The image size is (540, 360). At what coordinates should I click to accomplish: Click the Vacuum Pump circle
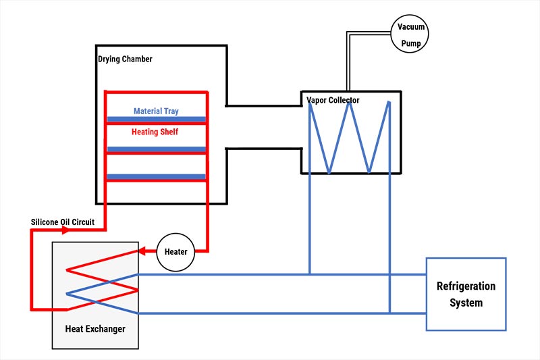410,32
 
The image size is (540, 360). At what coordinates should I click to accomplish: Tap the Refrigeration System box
466,294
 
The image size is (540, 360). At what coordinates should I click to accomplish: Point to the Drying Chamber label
126,59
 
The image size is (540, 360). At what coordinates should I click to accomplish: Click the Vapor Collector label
333,100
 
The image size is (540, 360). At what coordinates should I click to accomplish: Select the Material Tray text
156,111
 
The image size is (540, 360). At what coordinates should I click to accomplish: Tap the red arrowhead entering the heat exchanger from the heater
142,251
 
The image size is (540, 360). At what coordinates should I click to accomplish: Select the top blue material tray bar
156,120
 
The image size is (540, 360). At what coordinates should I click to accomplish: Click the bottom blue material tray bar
156,177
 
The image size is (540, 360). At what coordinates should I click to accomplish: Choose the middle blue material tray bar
156,149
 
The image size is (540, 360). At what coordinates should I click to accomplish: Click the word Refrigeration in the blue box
466,286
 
